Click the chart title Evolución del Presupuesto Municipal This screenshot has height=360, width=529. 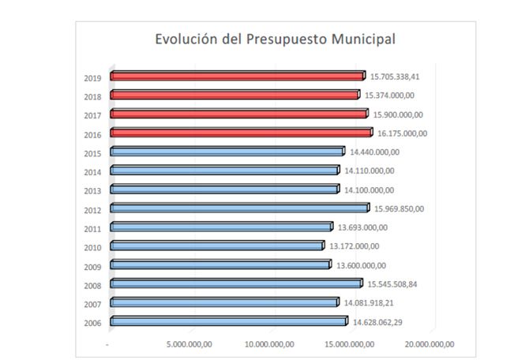coord(275,39)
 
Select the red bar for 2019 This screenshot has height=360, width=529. coord(237,76)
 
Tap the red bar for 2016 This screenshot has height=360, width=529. coord(241,133)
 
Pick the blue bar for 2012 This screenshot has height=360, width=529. coord(239,208)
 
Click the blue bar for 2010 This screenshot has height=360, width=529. coord(217,246)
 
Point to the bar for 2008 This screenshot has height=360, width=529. coord(236,283)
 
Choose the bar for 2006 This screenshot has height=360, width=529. coord(229,321)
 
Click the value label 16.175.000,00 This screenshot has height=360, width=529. coord(402,133)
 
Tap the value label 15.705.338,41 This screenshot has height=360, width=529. coord(397,76)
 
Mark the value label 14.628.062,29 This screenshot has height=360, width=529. coord(378,321)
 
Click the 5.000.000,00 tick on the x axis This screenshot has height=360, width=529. coord(190,343)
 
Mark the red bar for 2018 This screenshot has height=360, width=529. coord(234,95)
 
